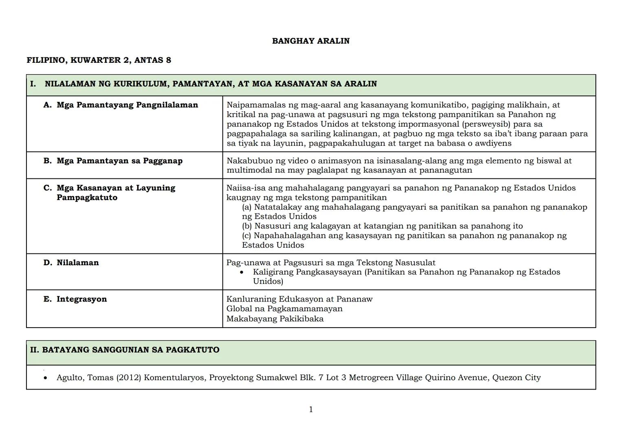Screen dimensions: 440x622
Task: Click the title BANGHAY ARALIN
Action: pyautogui.click(x=310, y=41)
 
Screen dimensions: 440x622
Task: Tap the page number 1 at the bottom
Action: pyautogui.click(x=311, y=409)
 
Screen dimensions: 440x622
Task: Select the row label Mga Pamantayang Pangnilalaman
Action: pyautogui.click(x=127, y=105)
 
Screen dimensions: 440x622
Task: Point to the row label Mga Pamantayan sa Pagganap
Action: pyautogui.click(x=119, y=161)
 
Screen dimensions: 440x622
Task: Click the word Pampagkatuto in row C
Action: pyautogui.click(x=87, y=198)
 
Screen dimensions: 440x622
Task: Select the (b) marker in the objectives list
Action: pyautogui.click(x=247, y=226)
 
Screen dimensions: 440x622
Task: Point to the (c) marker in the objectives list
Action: pyautogui.click(x=246, y=235)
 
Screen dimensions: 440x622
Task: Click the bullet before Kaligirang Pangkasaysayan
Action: pyautogui.click(x=242, y=272)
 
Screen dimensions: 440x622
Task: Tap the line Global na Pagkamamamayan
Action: pyautogui.click(x=284, y=309)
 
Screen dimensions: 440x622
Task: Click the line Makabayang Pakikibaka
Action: pyautogui.click(x=275, y=319)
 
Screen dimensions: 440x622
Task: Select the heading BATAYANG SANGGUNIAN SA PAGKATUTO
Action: pyautogui.click(x=130, y=350)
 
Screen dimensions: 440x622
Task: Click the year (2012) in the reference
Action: pyautogui.click(x=129, y=378)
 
